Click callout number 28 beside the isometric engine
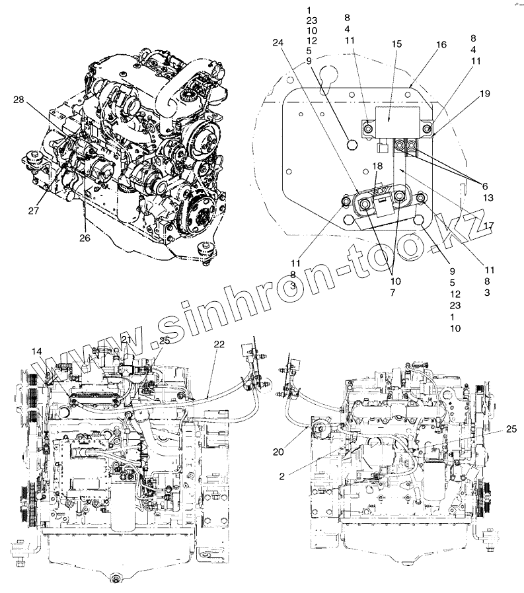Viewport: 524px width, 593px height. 18,100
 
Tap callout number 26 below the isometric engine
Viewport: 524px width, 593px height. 84,237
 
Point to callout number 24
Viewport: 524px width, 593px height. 278,43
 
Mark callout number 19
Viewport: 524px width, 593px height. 485,94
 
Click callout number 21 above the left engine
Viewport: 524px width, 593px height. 127,339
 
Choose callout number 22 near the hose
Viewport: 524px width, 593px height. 219,344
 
